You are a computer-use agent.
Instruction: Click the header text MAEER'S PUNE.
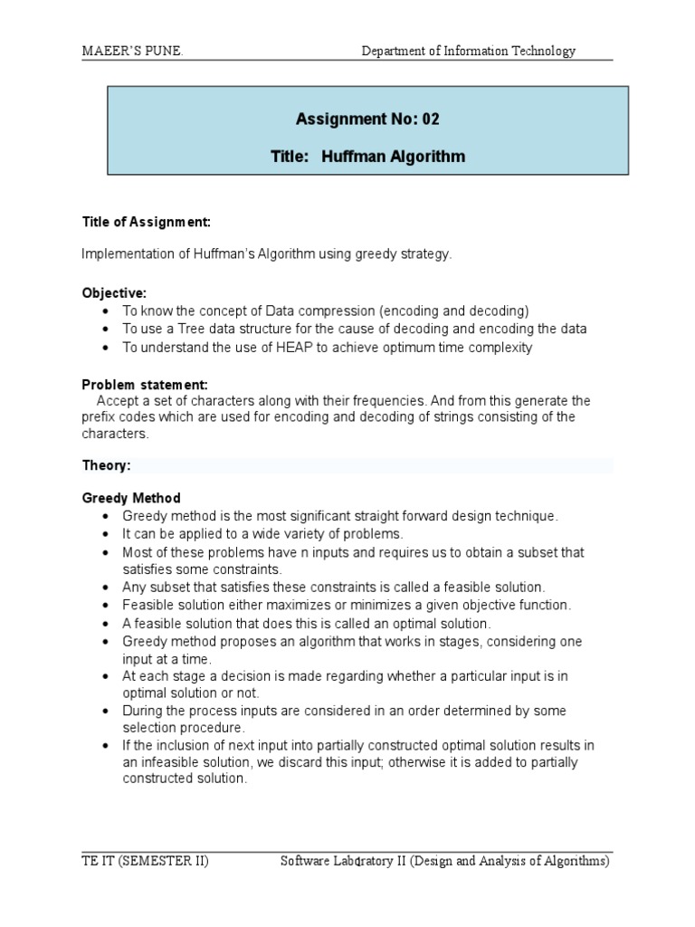pos(132,52)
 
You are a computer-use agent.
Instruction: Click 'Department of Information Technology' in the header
pos(468,52)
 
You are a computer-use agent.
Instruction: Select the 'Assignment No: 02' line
pos(367,119)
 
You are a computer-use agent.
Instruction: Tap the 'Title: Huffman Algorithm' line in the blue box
pos(367,157)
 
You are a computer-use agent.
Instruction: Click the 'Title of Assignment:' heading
pos(147,222)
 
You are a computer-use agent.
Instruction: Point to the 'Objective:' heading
pos(114,294)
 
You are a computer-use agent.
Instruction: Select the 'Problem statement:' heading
pos(145,384)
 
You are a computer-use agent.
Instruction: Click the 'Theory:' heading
pos(107,465)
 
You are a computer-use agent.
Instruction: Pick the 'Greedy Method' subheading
pos(131,498)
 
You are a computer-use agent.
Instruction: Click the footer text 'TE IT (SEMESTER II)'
pos(146,862)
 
